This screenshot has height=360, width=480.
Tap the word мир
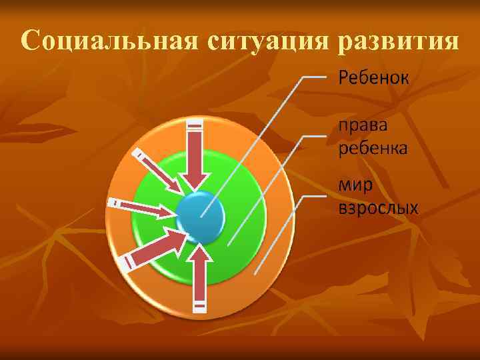tap(354, 185)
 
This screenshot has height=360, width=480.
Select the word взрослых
tap(379, 208)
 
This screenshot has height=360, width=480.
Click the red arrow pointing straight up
tap(199, 277)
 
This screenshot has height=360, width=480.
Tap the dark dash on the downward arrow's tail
tap(195, 125)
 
